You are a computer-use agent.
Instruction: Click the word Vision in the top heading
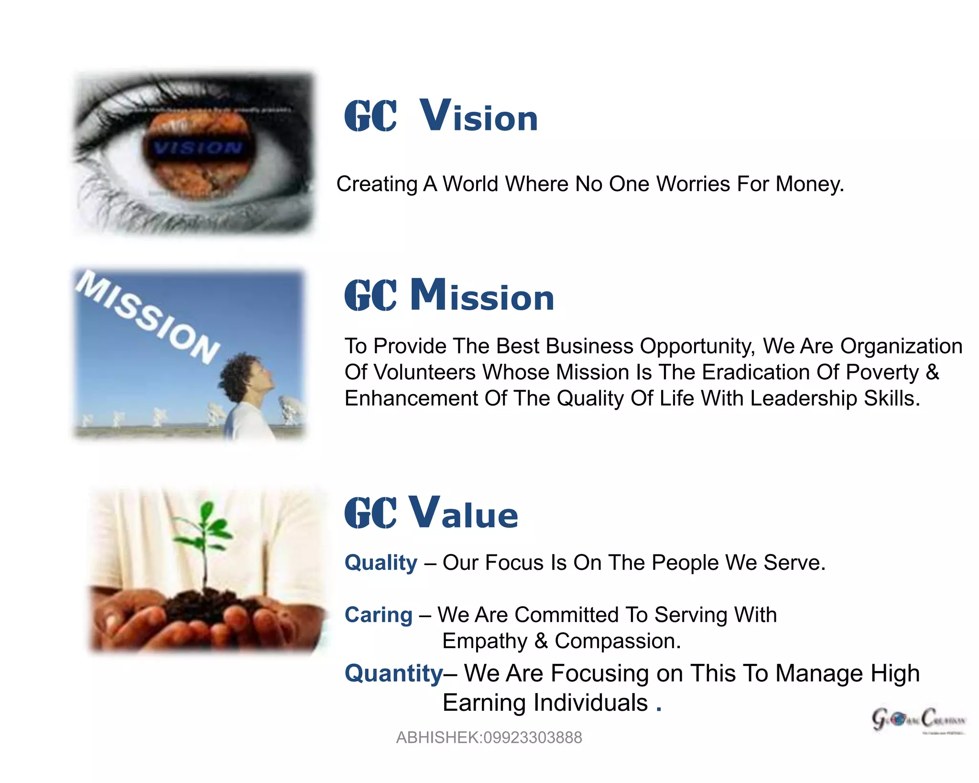pos(479,116)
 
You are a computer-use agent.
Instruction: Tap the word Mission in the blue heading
pos(482,295)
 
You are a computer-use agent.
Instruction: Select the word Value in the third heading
pos(464,513)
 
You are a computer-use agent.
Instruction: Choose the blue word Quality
pos(381,563)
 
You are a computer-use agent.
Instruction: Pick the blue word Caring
pos(378,615)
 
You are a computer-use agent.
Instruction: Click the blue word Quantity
pos(394,673)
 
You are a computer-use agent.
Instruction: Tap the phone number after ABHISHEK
pos(533,738)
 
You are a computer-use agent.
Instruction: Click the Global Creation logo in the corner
pos(918,720)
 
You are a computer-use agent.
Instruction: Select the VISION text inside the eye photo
pos(197,147)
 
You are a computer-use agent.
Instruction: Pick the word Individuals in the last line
pos(590,703)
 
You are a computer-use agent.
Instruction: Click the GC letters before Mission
pos(370,295)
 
